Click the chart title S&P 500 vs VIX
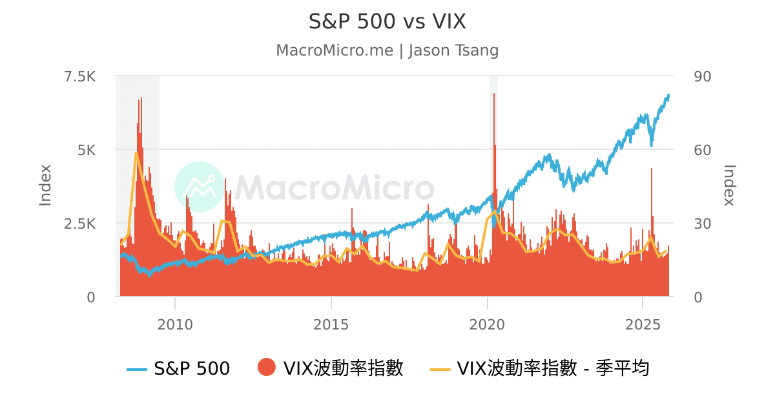pos(387,21)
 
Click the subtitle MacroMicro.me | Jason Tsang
pos(387,50)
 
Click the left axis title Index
pos(45,185)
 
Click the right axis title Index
pos(729,185)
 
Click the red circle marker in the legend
pos(266,368)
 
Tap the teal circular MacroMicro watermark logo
pos(200,187)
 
